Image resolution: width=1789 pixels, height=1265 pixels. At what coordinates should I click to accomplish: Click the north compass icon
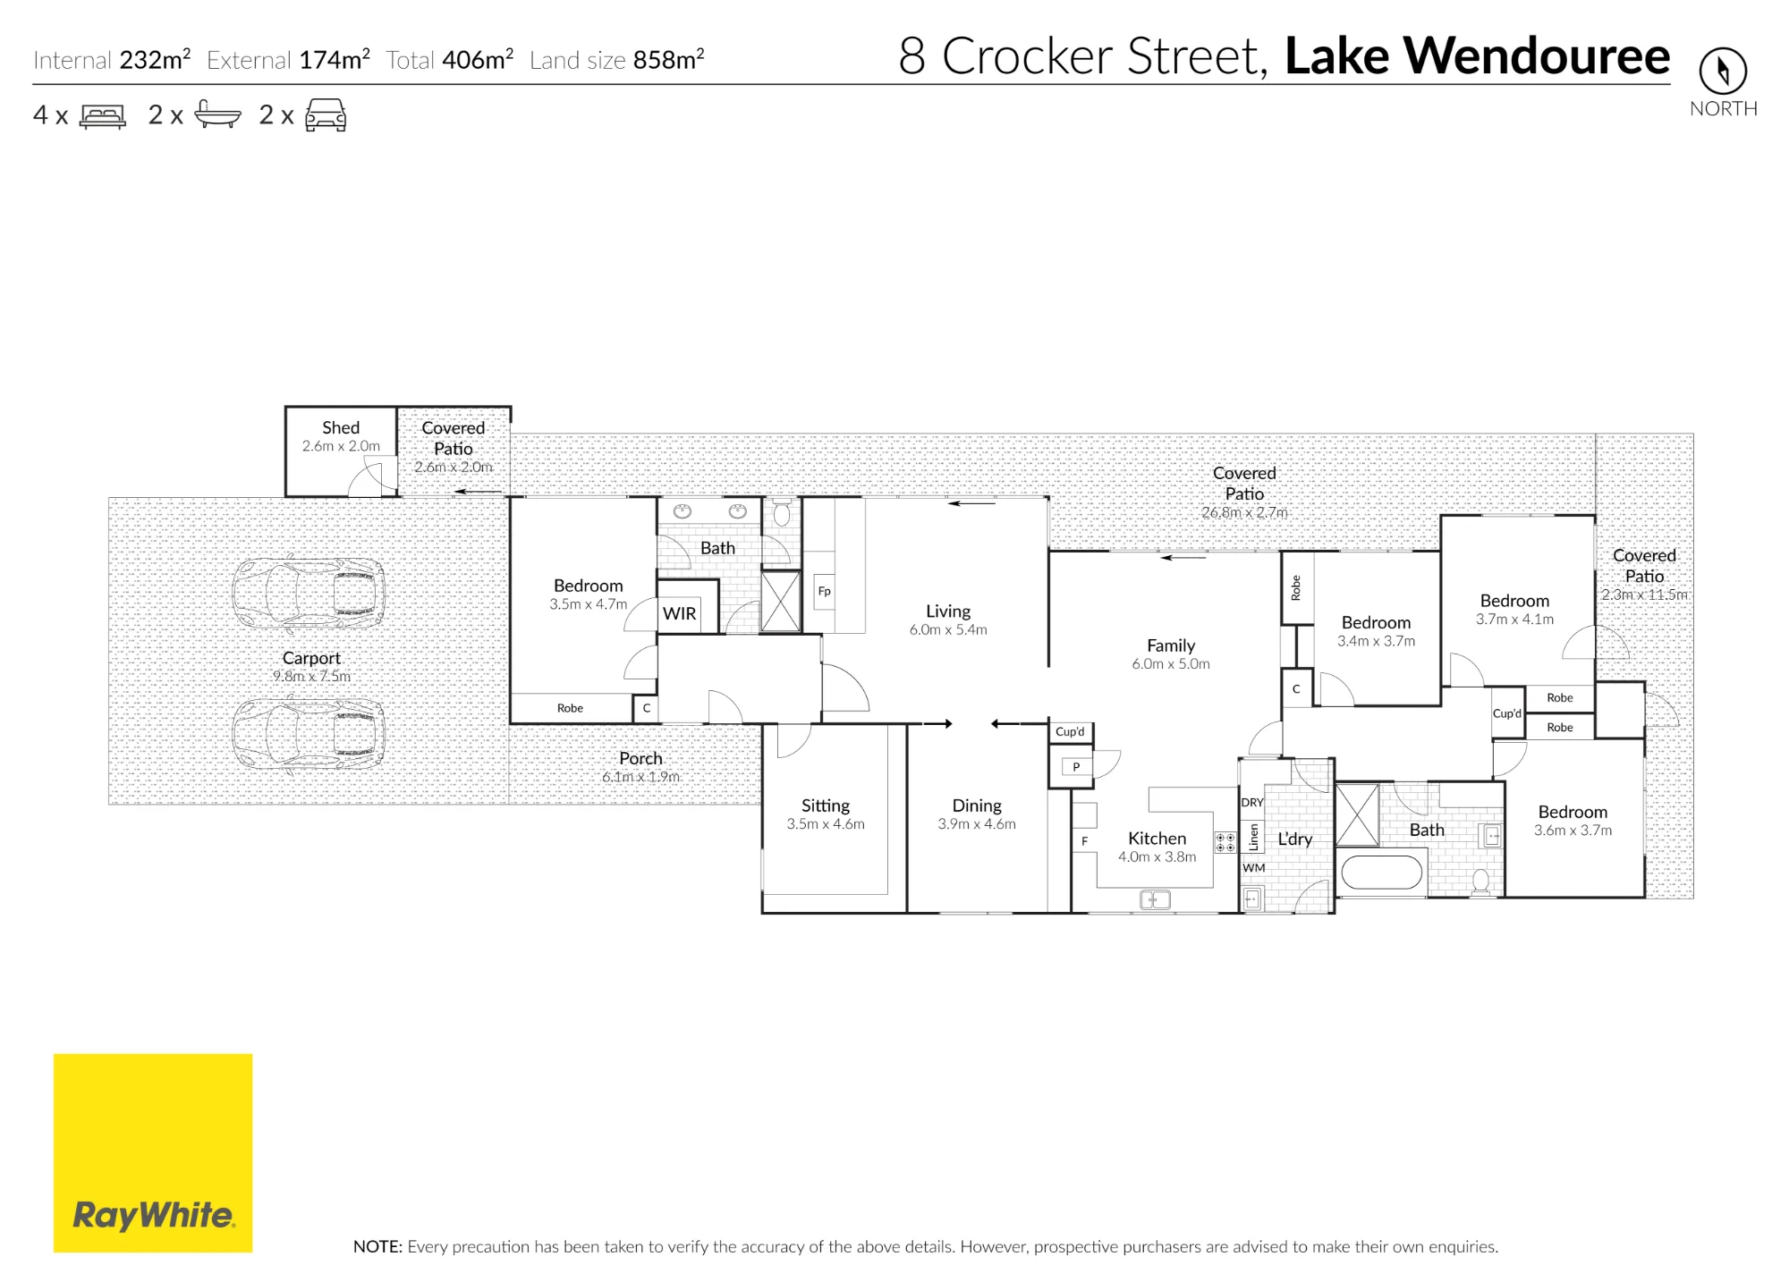click(x=1723, y=71)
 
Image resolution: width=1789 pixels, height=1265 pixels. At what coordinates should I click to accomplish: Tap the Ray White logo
click(x=153, y=1152)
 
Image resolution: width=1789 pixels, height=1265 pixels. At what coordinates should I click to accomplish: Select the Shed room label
click(x=341, y=428)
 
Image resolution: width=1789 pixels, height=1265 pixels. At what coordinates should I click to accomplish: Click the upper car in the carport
click(x=309, y=593)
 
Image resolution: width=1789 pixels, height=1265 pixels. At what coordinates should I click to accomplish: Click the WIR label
click(x=680, y=613)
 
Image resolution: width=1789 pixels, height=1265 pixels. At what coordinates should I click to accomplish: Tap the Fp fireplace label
click(x=825, y=591)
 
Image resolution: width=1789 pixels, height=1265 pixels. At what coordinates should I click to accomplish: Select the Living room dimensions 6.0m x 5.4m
click(x=948, y=629)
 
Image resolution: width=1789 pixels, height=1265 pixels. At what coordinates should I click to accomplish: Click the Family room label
click(x=1171, y=645)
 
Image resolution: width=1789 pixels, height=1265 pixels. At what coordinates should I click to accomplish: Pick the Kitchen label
click(x=1157, y=839)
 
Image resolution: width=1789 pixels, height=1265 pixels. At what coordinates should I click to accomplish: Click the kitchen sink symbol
click(x=1155, y=899)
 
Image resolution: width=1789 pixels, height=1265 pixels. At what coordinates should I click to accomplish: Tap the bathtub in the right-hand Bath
click(x=1382, y=873)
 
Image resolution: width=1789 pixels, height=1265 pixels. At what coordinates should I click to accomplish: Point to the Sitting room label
click(x=826, y=805)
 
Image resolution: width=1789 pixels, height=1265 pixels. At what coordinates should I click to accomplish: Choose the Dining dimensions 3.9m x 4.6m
click(x=977, y=824)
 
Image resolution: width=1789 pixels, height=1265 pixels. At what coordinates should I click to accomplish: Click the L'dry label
click(x=1294, y=839)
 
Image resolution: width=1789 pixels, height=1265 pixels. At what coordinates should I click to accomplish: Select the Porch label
click(x=640, y=758)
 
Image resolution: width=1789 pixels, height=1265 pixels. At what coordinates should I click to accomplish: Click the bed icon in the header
click(x=103, y=116)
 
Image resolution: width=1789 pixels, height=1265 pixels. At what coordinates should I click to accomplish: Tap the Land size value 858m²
click(x=669, y=60)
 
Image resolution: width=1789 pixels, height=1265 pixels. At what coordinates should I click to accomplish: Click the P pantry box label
click(x=1076, y=767)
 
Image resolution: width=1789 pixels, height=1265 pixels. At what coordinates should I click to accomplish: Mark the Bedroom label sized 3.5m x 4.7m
click(x=588, y=586)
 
